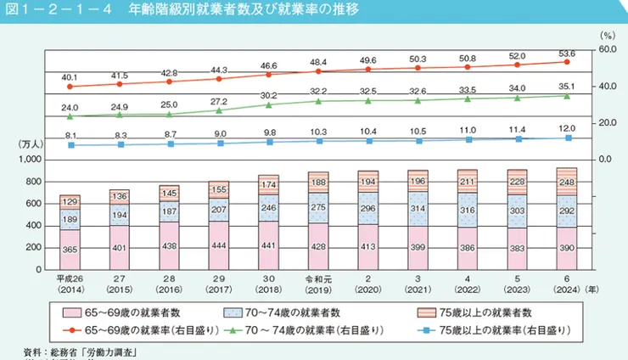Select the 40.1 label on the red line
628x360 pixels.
click(70, 76)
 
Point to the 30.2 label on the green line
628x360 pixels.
click(268, 95)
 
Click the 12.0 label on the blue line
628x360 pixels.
click(568, 127)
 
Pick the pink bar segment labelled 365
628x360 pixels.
click(70, 249)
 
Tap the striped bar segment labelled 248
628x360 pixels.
click(568, 181)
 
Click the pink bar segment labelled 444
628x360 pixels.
click(219, 245)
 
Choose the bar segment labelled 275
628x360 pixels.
click(318, 207)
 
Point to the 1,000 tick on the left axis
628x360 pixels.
click(29, 160)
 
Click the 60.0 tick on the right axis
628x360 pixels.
click(609, 50)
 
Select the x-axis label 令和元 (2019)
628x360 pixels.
click(318, 284)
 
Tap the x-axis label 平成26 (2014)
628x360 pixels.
click(70, 284)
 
